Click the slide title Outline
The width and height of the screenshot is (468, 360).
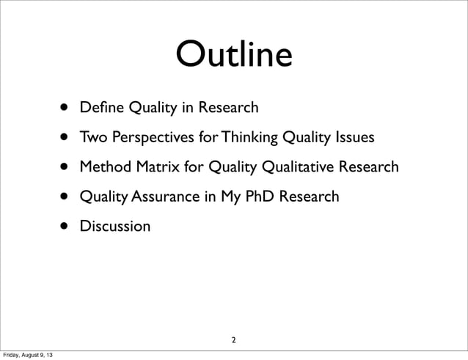[x=233, y=56]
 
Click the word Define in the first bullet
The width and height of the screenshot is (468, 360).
[x=102, y=109]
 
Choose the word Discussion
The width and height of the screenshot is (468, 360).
[x=115, y=226]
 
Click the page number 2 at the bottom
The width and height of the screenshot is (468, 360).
[x=233, y=339]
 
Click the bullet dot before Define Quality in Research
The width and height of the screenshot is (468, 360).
[x=65, y=110]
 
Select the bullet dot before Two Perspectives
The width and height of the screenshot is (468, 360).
[x=65, y=139]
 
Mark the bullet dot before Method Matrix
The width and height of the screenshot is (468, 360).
[x=65, y=169]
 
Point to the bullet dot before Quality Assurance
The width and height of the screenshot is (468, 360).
[x=65, y=197]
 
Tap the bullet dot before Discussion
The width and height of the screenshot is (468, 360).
[x=65, y=227]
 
